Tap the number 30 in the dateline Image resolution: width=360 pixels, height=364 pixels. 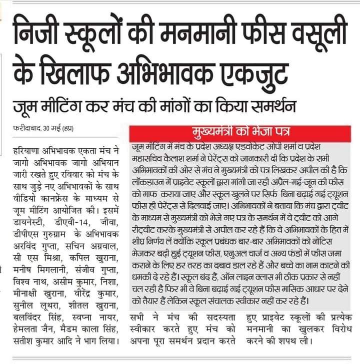(50, 129)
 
